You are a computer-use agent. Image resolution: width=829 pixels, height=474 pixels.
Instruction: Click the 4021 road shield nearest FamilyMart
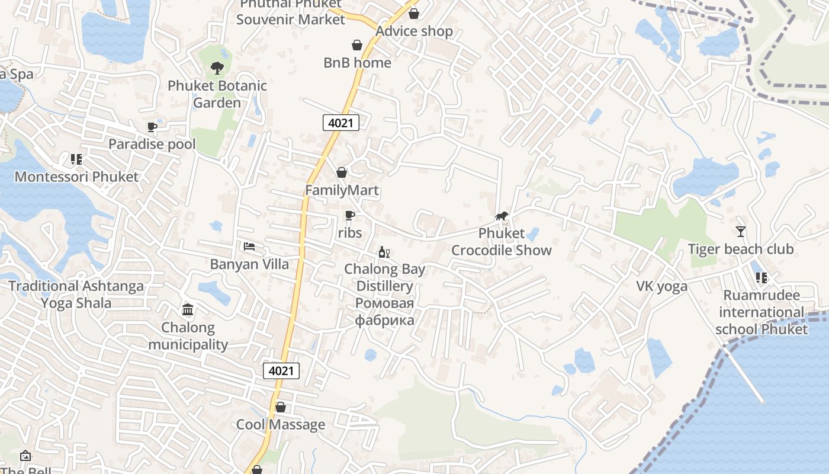click(x=341, y=123)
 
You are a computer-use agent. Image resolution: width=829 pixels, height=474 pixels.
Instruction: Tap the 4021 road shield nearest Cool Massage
click(x=281, y=371)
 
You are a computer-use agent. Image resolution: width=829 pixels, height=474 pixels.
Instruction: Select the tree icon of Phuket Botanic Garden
click(x=217, y=68)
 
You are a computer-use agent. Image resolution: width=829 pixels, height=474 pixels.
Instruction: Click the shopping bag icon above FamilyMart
click(x=342, y=172)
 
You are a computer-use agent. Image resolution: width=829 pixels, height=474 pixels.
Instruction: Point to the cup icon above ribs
click(x=349, y=216)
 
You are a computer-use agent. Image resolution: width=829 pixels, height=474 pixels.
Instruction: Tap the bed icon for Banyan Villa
click(x=249, y=246)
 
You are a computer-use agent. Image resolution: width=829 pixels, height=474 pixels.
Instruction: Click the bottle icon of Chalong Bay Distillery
click(x=384, y=252)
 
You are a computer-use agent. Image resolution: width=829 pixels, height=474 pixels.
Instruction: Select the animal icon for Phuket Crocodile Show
click(x=501, y=216)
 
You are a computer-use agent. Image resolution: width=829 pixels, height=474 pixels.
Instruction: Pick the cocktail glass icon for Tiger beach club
click(x=740, y=231)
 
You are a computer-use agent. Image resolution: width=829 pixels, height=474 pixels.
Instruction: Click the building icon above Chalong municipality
click(x=188, y=309)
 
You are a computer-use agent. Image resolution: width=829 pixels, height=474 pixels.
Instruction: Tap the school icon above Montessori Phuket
click(x=76, y=159)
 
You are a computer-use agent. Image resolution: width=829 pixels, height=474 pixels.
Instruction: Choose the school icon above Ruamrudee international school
click(x=761, y=277)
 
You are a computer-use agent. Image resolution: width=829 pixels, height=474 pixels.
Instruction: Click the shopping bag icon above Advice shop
click(x=414, y=13)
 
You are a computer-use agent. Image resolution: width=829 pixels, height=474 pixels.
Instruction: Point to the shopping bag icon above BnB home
click(x=357, y=45)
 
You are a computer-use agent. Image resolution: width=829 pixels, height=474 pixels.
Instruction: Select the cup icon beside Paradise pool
click(x=152, y=127)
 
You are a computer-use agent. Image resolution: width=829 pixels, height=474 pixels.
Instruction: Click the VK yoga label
click(x=661, y=287)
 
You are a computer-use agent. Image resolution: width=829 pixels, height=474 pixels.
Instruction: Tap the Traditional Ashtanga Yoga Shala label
click(x=76, y=294)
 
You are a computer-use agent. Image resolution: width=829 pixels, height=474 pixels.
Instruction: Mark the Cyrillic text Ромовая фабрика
click(x=384, y=312)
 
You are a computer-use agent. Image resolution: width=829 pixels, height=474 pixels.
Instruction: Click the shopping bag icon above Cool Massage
click(x=281, y=407)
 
